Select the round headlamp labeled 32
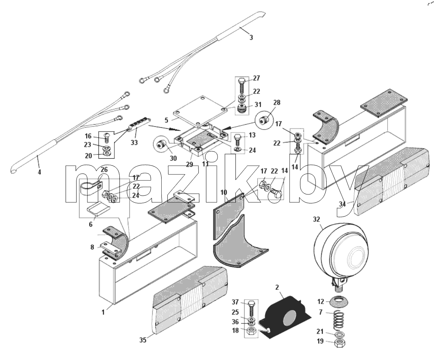(x=341, y=253)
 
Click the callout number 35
(x=143, y=340)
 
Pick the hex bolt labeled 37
(x=251, y=308)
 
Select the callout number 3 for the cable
(x=251, y=37)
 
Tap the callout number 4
(x=39, y=172)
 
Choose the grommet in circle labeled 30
(x=161, y=145)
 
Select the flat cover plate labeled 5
(x=200, y=111)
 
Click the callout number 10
(x=224, y=192)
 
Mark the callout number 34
(x=342, y=204)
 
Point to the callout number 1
(x=103, y=312)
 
